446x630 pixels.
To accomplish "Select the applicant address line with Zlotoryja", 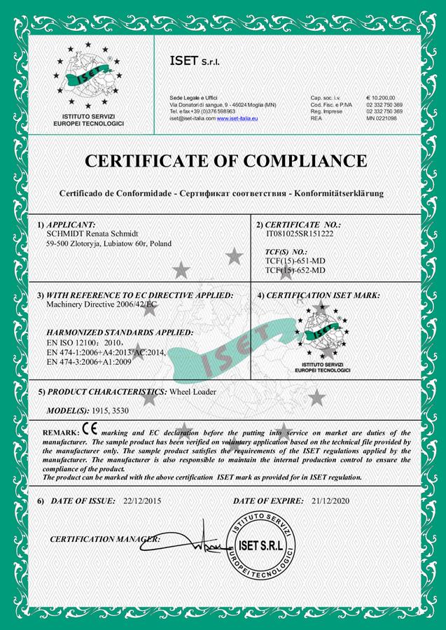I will [x=108, y=244].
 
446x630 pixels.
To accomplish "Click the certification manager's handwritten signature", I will [x=192, y=539].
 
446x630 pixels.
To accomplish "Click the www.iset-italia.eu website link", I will [x=237, y=119].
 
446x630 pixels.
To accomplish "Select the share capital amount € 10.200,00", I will [x=381, y=97].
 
